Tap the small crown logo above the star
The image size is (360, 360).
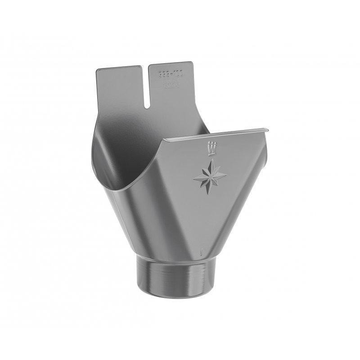click(211, 148)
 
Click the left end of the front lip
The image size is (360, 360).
click(163, 140)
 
